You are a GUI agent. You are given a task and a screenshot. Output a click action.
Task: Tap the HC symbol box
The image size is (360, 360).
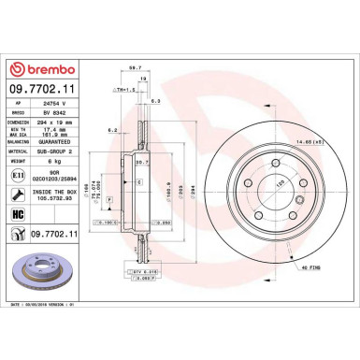(x=18, y=213)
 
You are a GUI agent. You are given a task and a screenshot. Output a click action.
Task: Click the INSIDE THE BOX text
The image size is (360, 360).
(x=55, y=192)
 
